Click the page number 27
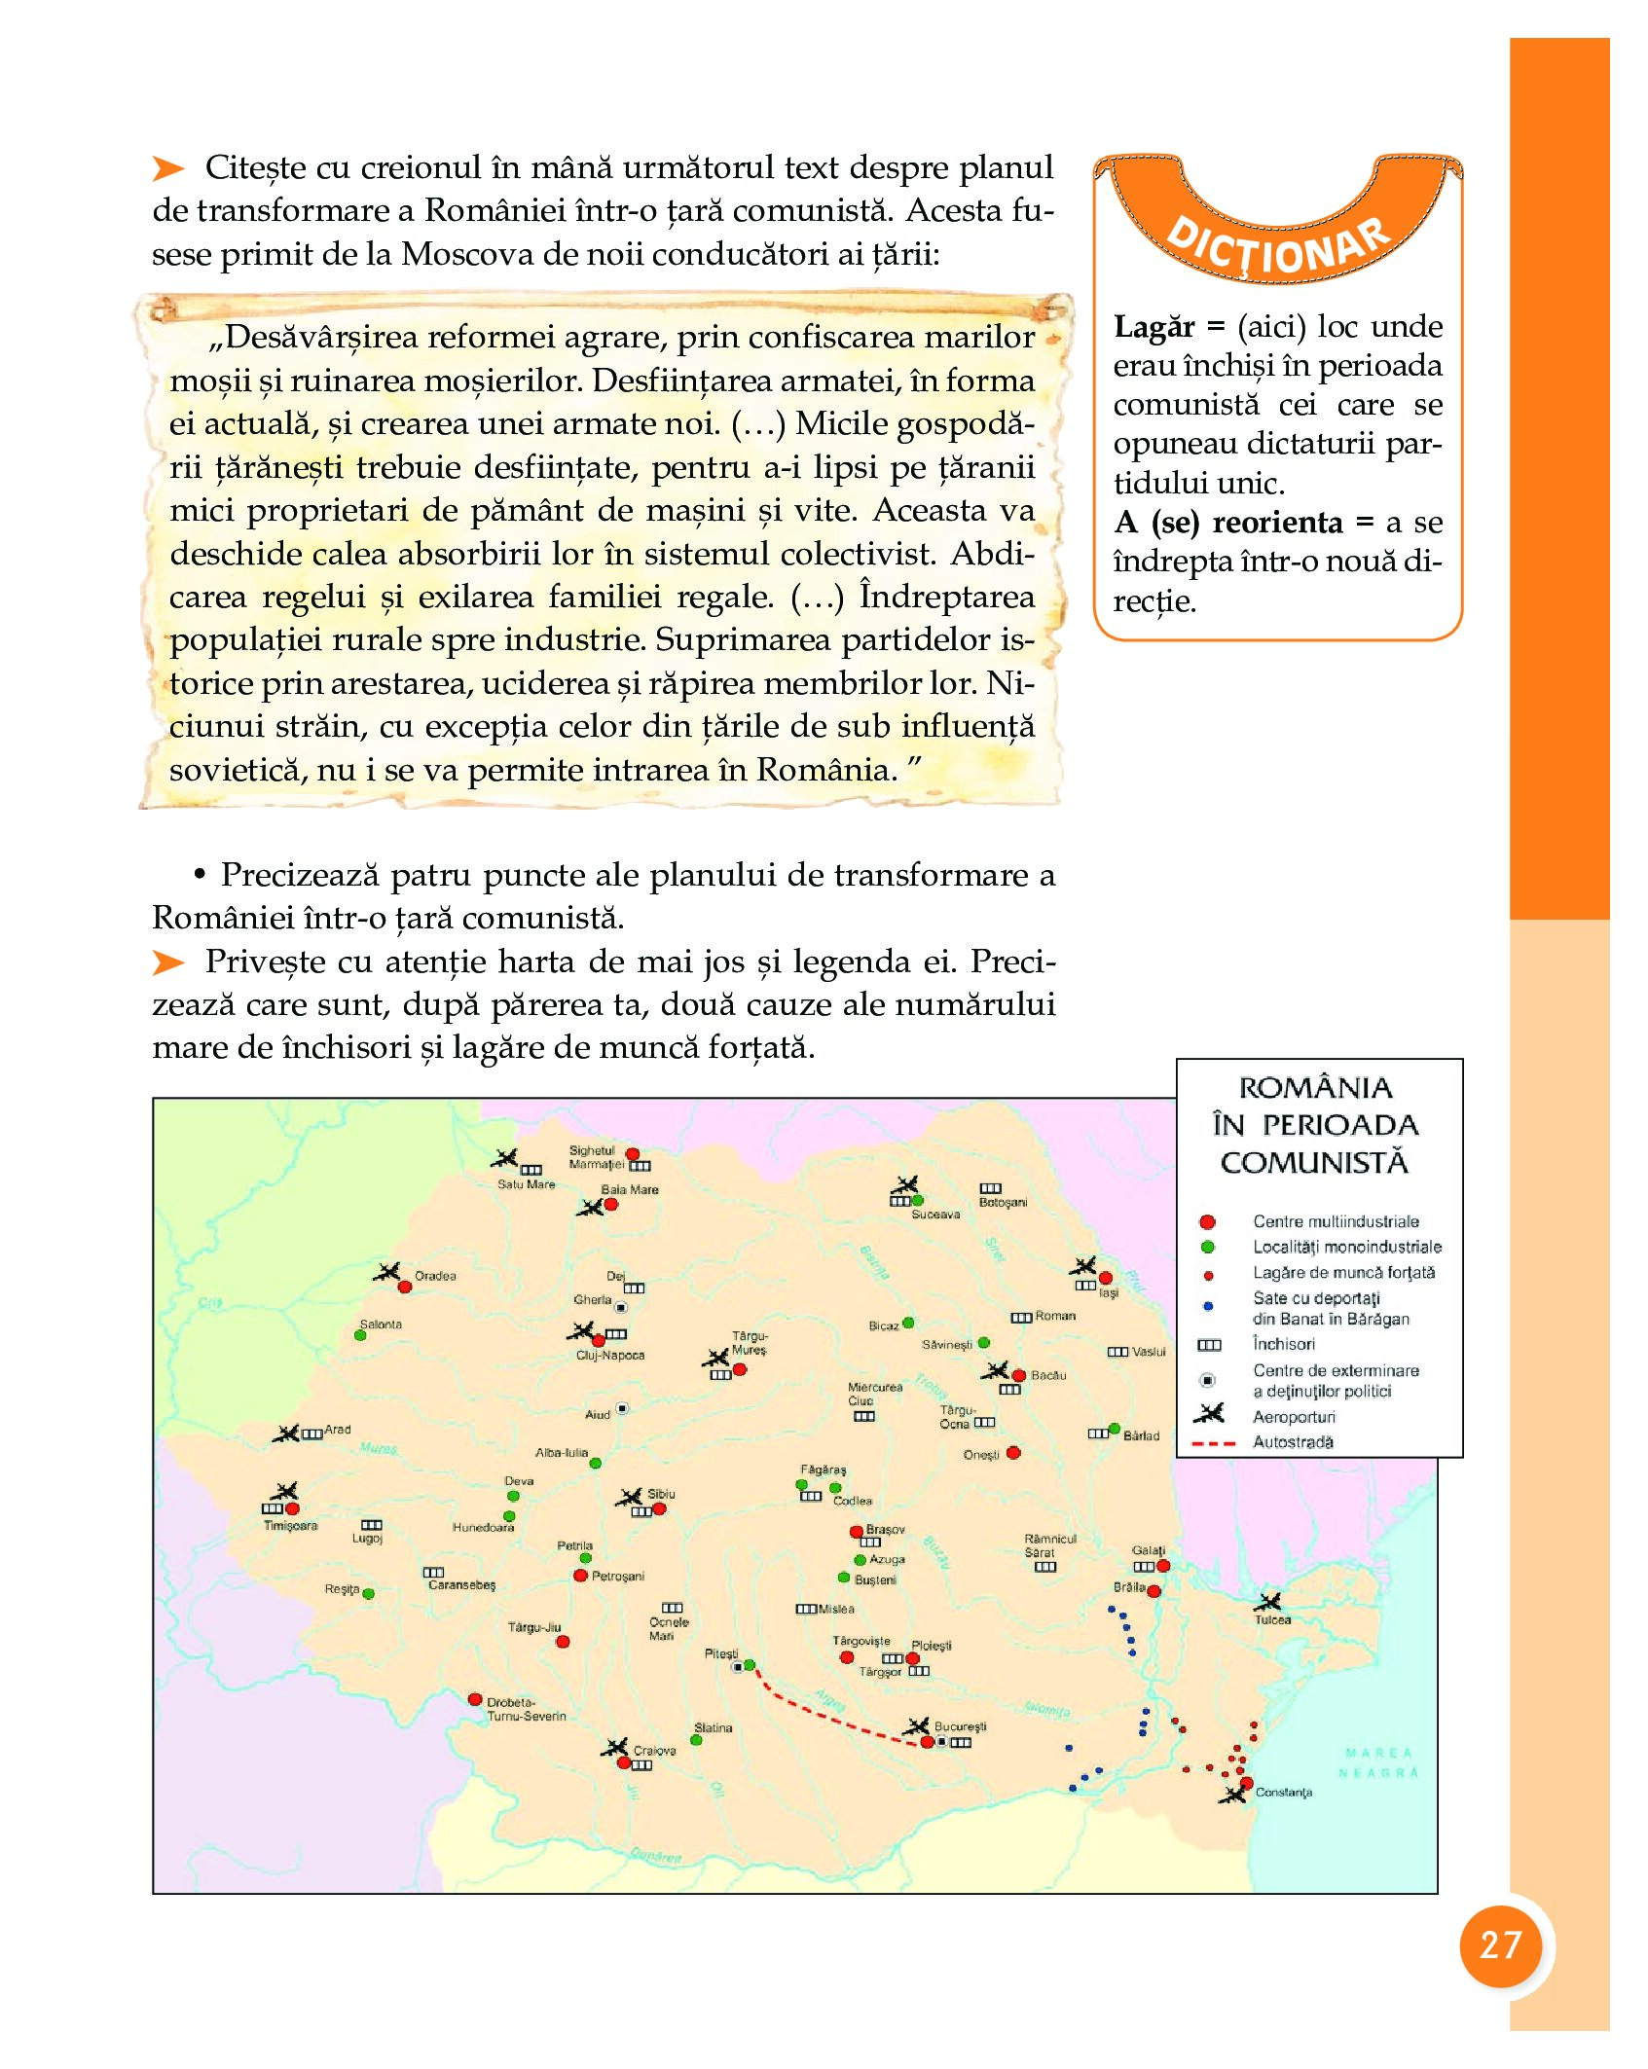click(1499, 1945)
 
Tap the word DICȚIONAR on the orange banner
click(1277, 248)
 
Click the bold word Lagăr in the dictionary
click(1154, 327)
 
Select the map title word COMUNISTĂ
click(1314, 1162)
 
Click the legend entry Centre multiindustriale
click(1336, 1221)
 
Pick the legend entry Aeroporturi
click(1294, 1417)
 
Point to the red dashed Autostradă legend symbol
click(1213, 1443)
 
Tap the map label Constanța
click(1283, 1793)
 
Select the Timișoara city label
click(290, 1526)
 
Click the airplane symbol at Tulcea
click(1267, 1601)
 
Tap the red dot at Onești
click(1013, 1453)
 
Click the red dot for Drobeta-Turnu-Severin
click(475, 1699)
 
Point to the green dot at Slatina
click(697, 1739)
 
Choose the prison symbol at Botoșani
click(990, 1188)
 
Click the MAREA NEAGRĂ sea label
click(1379, 1762)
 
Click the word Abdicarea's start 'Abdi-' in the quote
click(992, 554)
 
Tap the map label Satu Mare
click(526, 1184)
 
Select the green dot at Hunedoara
click(509, 1516)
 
